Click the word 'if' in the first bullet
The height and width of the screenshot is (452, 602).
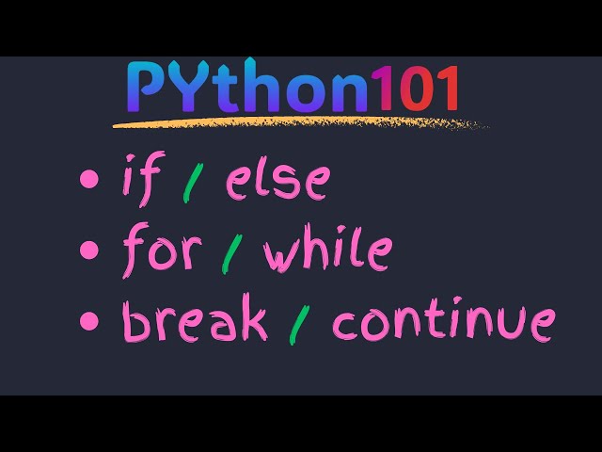tap(138, 180)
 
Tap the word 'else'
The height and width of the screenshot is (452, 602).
tap(277, 180)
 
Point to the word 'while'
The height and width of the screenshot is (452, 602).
tap(326, 251)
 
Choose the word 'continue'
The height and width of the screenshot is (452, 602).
tap(443, 323)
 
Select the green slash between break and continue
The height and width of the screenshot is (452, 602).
tap(300, 323)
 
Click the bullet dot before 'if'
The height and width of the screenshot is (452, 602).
tap(89, 179)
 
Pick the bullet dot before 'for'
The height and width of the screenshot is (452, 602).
tap(89, 250)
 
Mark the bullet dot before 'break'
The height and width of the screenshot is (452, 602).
tap(89, 321)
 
